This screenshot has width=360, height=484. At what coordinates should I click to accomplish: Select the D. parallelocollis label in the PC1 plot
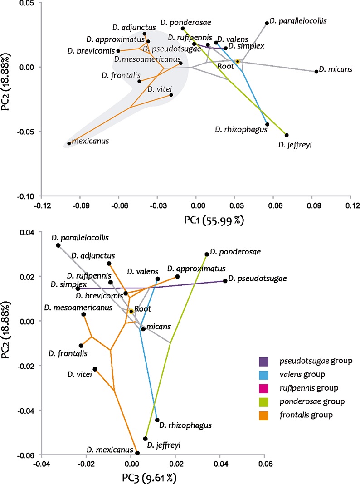pyautogui.click(x=298, y=21)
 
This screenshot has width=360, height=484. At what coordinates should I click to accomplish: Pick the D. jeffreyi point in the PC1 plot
pyautogui.click(x=287, y=135)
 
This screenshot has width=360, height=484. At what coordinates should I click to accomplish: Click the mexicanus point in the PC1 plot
pyautogui.click(x=69, y=143)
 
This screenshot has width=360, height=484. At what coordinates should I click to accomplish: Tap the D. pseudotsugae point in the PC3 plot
pyautogui.click(x=225, y=281)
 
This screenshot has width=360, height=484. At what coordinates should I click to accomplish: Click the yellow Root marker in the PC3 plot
pyautogui.click(x=131, y=311)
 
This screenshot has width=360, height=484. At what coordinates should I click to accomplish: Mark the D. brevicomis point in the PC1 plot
pyautogui.click(x=118, y=51)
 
